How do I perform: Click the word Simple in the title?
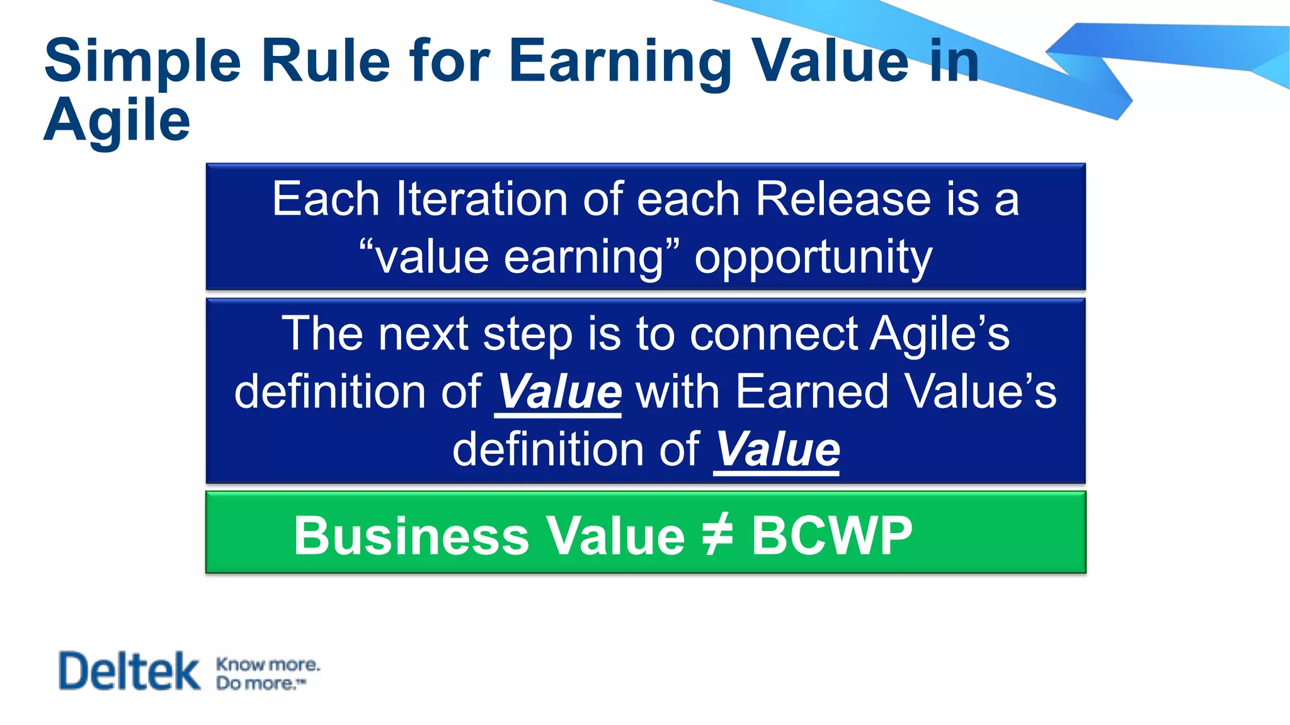(142, 62)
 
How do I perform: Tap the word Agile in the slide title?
(117, 121)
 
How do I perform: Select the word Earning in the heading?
(620, 62)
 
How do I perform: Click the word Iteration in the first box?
(482, 200)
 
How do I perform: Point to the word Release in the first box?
(842, 200)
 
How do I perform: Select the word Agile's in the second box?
(940, 334)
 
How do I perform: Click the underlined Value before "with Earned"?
(559, 392)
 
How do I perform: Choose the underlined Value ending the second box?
(777, 450)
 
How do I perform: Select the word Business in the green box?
(411, 536)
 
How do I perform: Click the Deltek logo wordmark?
(129, 671)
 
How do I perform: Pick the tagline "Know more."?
(268, 665)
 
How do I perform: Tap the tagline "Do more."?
(260, 683)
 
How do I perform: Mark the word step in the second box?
(528, 335)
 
